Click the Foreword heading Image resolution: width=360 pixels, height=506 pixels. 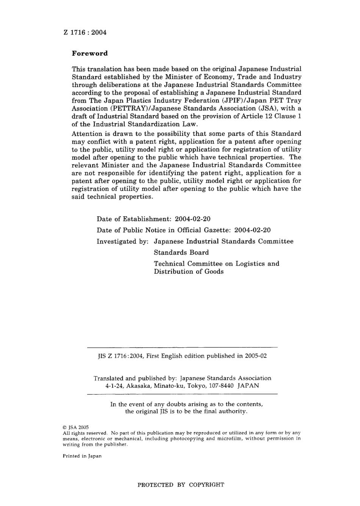[90, 53]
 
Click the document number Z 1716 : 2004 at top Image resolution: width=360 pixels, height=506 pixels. [85, 32]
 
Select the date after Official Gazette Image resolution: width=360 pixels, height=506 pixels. [253, 230]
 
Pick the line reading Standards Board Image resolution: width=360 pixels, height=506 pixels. [181, 252]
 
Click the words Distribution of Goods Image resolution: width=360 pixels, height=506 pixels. [188, 272]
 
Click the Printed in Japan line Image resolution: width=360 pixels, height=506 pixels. [82, 456]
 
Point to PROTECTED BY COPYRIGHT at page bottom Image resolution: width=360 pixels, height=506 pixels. [181, 485]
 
